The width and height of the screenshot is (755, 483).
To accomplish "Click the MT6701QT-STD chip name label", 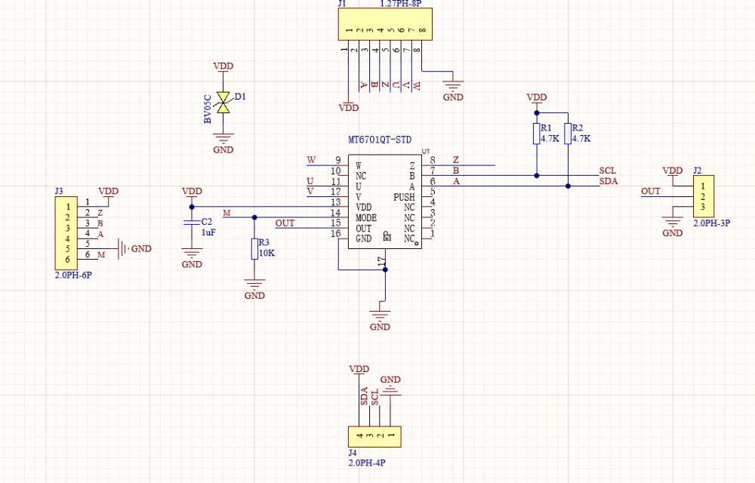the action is [x=380, y=140].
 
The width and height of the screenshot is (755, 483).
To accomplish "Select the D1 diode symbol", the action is [x=223, y=103].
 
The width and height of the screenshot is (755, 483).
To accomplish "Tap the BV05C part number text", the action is [x=208, y=109].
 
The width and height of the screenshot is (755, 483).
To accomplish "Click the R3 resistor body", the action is [x=254, y=249].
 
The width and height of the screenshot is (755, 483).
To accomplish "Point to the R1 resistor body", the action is [x=536, y=134].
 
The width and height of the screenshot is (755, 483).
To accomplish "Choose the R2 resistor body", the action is [x=569, y=134].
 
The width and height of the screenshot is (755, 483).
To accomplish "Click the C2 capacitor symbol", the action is [x=192, y=223].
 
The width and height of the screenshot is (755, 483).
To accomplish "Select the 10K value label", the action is [x=267, y=253].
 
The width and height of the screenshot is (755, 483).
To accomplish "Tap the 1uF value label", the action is [x=208, y=232].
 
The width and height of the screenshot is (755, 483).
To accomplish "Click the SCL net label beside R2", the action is [x=608, y=171].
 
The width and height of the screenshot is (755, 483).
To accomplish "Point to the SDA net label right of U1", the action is [x=609, y=181].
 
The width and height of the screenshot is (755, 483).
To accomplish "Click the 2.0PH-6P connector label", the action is [x=73, y=275].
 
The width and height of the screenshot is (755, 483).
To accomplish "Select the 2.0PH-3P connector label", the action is [x=712, y=223].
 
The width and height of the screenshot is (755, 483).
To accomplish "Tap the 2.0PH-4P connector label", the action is [x=367, y=463].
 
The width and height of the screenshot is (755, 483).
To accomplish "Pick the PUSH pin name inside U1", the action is [x=404, y=197].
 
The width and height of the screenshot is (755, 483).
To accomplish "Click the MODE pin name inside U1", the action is [x=366, y=218].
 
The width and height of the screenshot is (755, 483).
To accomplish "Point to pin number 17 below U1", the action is [x=382, y=261].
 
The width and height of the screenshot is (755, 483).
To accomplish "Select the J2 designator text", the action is [x=697, y=171].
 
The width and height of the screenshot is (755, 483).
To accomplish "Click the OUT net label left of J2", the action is [x=651, y=191].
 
